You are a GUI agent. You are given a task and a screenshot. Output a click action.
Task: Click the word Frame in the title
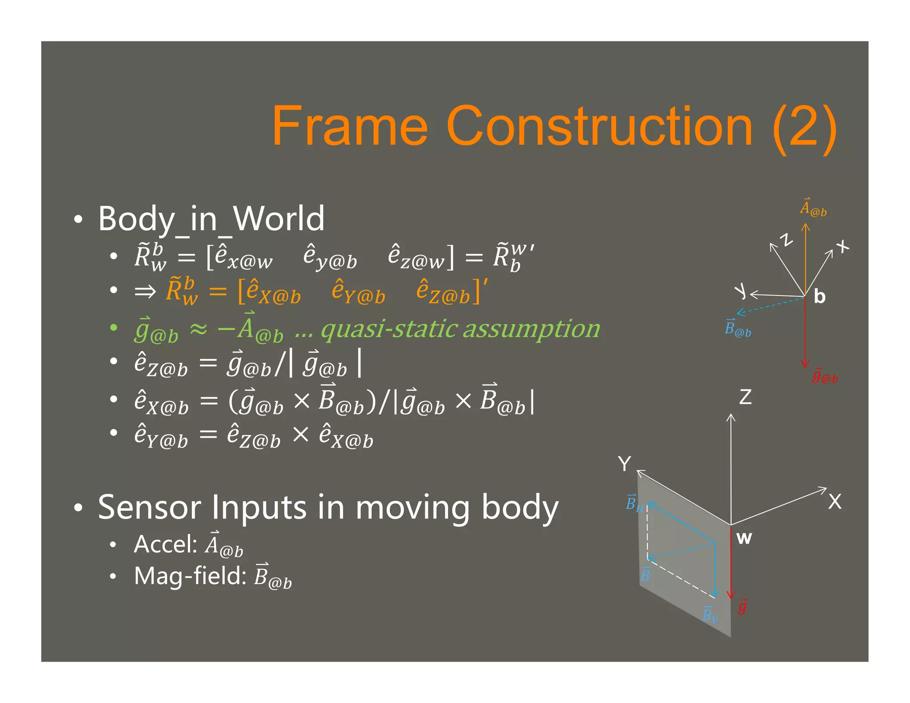click(x=350, y=126)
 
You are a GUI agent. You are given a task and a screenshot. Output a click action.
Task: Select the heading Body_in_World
click(x=211, y=219)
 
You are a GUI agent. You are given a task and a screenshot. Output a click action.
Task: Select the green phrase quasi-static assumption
click(x=460, y=329)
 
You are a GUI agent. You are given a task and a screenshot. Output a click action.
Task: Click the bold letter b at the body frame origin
click(x=819, y=296)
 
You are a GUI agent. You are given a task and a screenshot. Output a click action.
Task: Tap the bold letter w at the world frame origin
click(x=744, y=538)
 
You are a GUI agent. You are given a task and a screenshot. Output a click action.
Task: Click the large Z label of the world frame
click(x=745, y=397)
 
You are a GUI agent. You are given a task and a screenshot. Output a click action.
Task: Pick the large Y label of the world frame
click(x=624, y=464)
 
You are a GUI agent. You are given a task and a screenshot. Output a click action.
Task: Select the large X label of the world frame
click(x=834, y=502)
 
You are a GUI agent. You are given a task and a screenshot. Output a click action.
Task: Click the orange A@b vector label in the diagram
click(x=813, y=208)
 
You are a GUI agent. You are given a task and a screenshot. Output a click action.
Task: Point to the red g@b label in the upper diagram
click(x=825, y=376)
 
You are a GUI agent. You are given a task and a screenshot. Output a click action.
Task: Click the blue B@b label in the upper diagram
click(x=738, y=329)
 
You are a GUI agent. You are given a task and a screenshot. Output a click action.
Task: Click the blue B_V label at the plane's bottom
click(x=710, y=615)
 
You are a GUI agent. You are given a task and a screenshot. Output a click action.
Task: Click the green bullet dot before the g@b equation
click(x=114, y=328)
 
